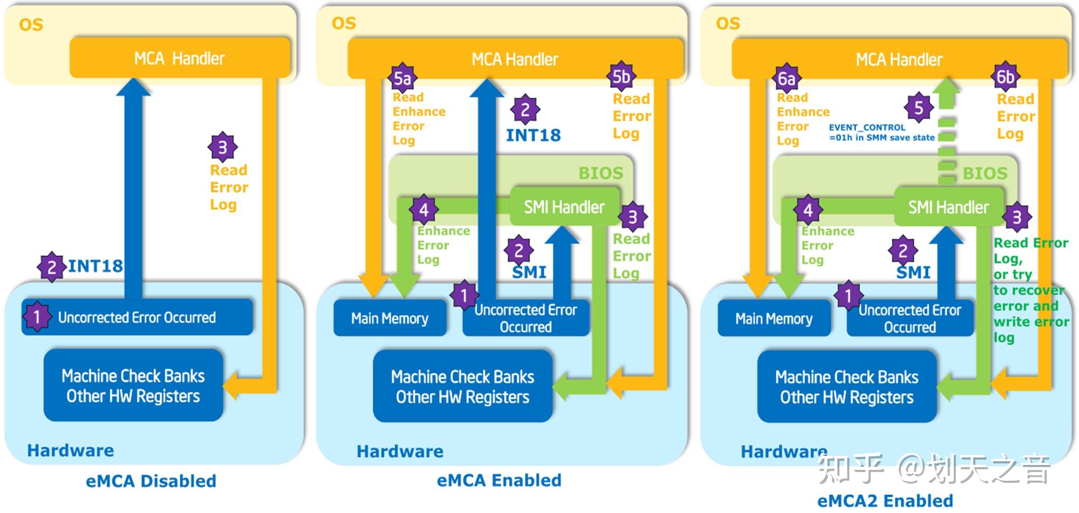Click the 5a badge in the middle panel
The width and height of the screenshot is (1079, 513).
402,79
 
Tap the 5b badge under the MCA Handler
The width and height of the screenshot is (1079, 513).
621,77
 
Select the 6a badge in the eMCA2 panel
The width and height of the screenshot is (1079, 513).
787,79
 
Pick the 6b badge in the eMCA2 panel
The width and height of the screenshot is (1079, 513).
1005,77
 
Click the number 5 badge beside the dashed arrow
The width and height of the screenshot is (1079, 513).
919,108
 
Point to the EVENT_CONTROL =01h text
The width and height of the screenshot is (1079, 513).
882,133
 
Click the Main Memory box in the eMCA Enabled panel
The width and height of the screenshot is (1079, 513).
390,319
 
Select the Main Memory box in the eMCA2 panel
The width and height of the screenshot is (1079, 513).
774,319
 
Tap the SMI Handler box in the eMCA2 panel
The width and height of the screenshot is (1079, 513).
948,207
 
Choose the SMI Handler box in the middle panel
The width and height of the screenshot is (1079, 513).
564,207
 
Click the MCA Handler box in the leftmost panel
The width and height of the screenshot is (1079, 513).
180,58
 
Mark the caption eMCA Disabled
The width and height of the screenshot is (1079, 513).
151,481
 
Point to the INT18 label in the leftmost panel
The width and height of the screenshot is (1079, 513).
95,266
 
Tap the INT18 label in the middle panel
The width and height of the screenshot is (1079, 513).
533,135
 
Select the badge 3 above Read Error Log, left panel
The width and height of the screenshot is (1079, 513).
222,147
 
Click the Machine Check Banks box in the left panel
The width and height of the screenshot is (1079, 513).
133,386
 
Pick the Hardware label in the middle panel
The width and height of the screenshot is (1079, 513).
400,452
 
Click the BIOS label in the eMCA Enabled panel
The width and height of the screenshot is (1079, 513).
600,173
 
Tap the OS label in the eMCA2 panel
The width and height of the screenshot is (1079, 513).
728,24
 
